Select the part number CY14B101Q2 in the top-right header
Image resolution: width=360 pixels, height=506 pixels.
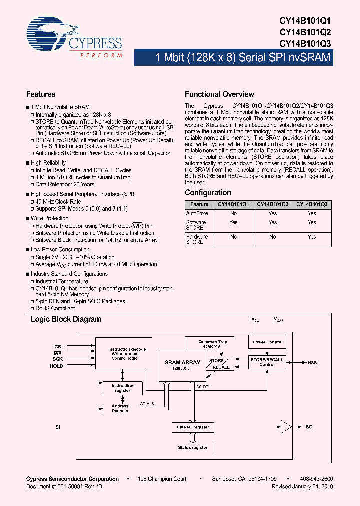[x=305, y=32]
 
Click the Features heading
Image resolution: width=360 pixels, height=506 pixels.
[x=41, y=94]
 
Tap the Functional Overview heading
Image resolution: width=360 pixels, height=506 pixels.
[x=219, y=94]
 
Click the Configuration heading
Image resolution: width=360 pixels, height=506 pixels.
[x=208, y=193]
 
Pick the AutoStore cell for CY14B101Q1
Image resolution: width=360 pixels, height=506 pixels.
[x=233, y=213]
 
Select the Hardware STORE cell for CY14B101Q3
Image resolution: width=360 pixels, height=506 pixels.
[x=312, y=237]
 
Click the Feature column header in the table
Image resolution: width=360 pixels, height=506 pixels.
[x=199, y=204]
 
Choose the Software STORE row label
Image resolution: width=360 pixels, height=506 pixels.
[x=196, y=225]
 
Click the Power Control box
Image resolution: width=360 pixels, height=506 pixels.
[x=267, y=342]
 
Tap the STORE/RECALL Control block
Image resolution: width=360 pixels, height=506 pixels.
[x=267, y=362]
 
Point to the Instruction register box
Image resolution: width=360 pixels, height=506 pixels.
[x=122, y=388]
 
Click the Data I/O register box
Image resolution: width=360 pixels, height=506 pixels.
[x=192, y=427]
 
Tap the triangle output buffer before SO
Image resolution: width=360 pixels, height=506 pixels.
[x=285, y=427]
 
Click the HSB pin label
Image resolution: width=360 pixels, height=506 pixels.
[x=312, y=363]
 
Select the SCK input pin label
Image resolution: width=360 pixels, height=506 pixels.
[x=58, y=359]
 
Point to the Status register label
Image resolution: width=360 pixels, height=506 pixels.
[x=192, y=448]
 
